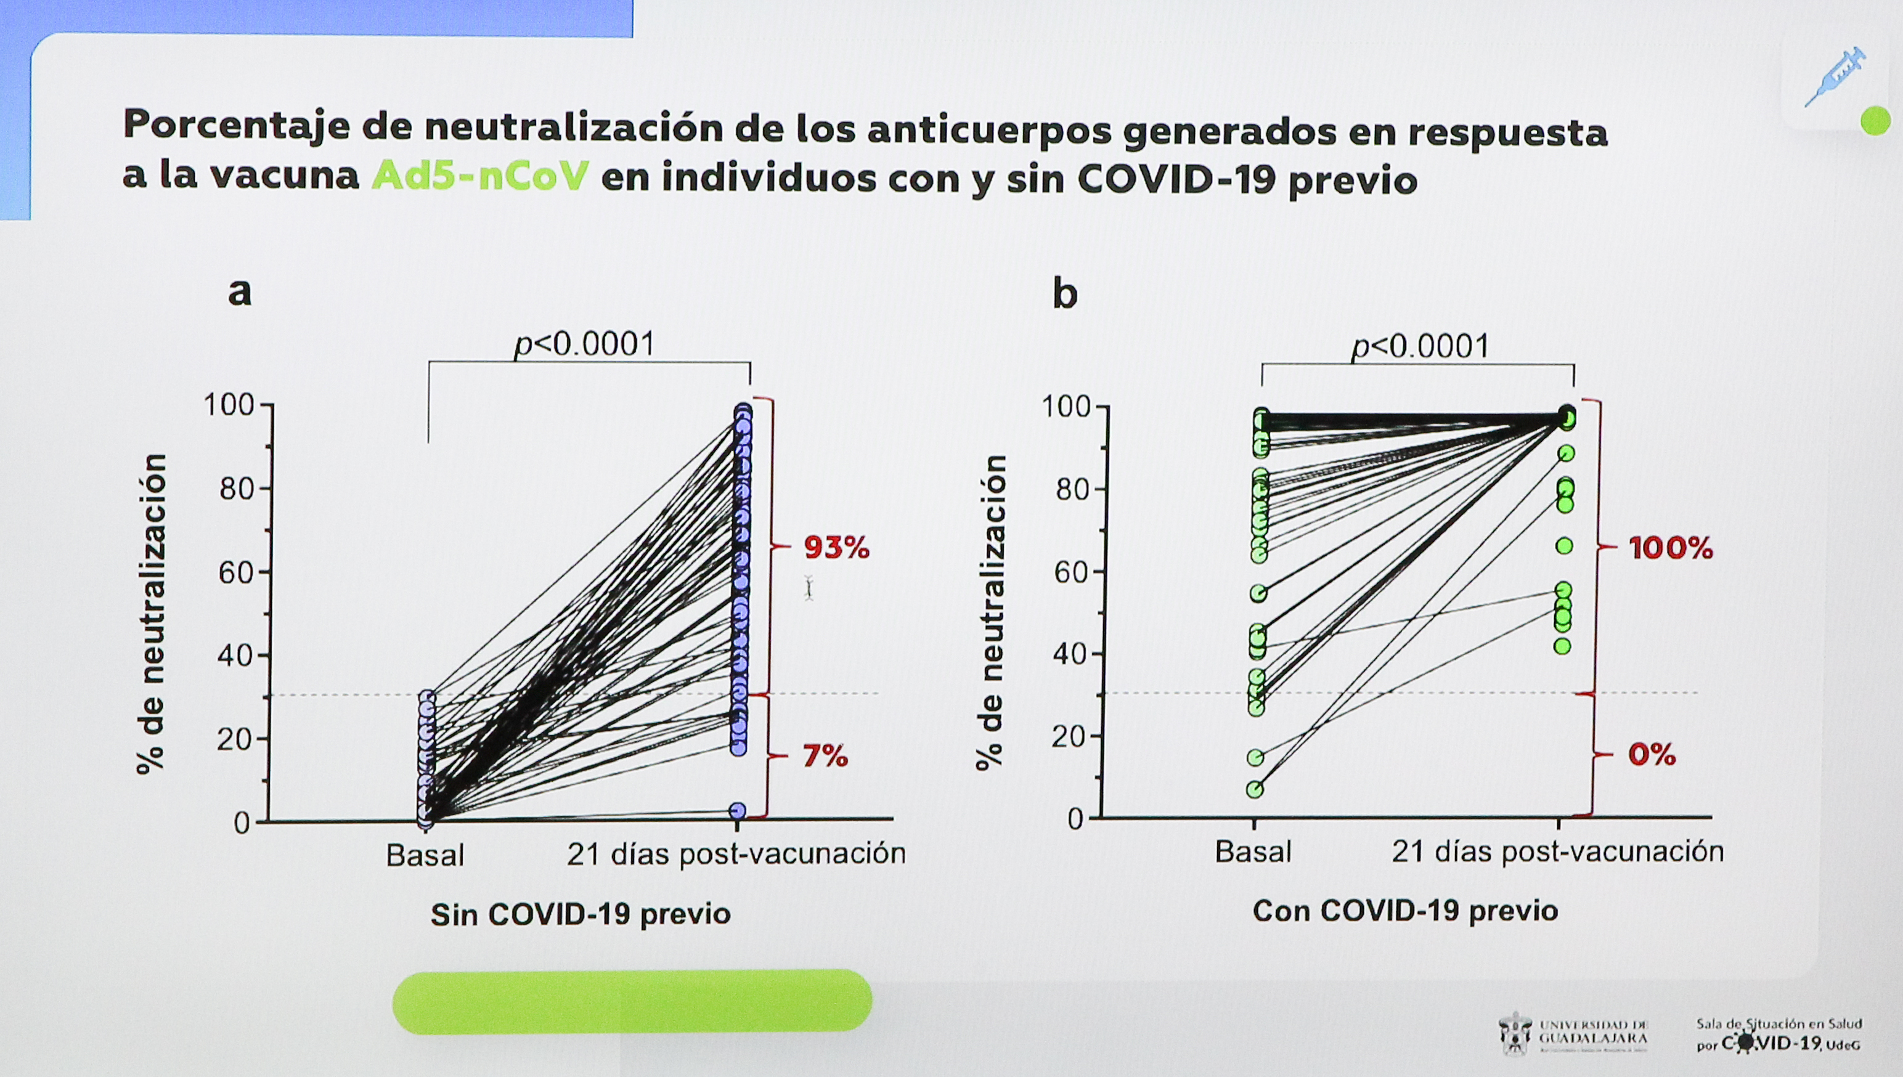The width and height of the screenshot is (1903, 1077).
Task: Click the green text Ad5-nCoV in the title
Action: click(480, 177)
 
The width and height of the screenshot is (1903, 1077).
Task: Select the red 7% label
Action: click(825, 756)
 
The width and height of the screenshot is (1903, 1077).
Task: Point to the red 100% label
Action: click(1670, 548)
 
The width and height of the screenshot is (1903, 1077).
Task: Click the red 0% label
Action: click(1652, 755)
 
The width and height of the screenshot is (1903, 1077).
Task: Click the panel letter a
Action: click(240, 292)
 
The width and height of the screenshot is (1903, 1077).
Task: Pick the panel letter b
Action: click(1064, 295)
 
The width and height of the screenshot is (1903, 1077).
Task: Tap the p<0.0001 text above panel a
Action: click(584, 344)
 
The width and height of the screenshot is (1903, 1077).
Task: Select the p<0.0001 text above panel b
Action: click(1419, 346)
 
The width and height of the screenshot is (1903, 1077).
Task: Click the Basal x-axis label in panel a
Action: click(425, 855)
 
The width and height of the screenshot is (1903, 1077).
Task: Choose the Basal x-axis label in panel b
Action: click(1253, 852)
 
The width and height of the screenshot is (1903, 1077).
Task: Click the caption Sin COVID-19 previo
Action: click(581, 914)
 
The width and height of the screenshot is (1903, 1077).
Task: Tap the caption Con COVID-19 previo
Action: click(1405, 911)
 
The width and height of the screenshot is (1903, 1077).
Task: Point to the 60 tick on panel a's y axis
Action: click(236, 572)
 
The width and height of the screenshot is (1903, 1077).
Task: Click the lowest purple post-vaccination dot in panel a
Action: click(738, 811)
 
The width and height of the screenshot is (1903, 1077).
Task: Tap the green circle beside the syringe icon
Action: click(1874, 121)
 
